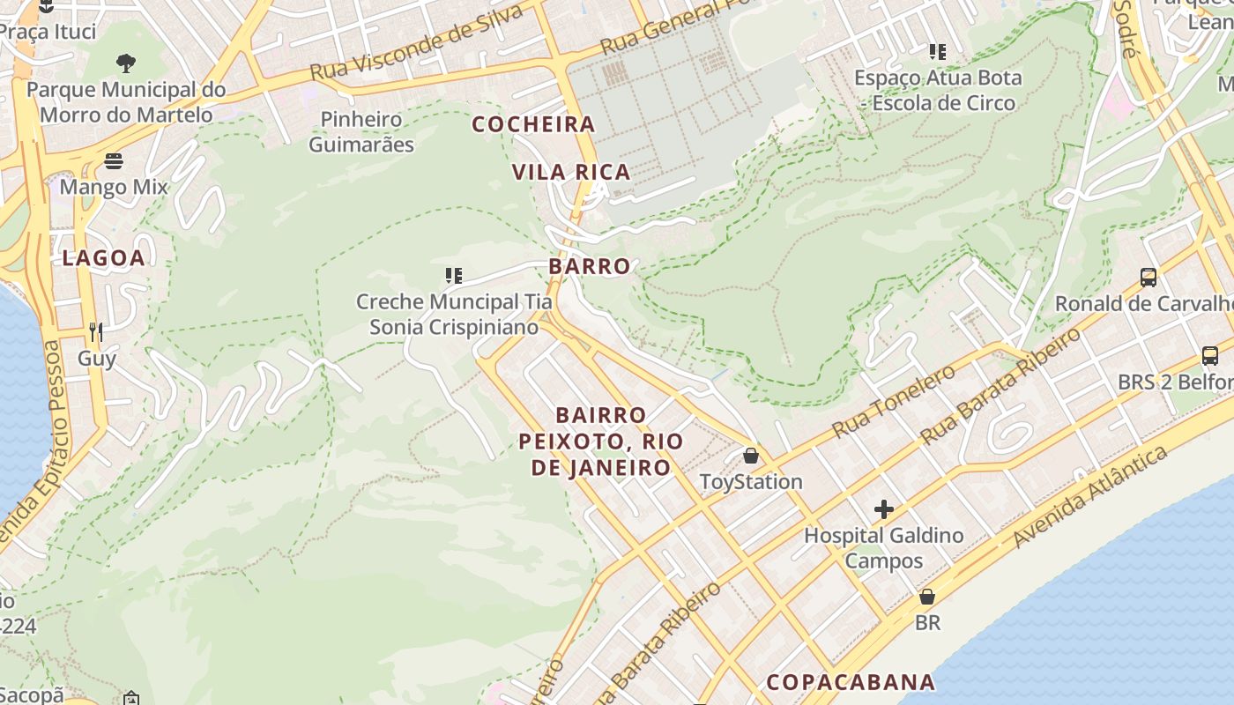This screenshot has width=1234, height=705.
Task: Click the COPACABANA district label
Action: tap(851, 682)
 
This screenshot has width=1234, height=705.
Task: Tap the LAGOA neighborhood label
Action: tap(103, 258)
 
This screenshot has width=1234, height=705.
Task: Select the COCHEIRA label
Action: tap(534, 124)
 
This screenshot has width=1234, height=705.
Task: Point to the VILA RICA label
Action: tap(572, 172)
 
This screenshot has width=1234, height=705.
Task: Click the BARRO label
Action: tap(590, 266)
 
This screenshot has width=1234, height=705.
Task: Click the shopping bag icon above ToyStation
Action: tap(751, 456)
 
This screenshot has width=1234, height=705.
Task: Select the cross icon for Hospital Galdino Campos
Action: tap(883, 509)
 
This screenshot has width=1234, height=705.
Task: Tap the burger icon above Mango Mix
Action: tap(114, 161)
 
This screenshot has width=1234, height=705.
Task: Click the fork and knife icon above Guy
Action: tap(96, 332)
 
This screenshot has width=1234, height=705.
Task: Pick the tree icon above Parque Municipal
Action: tap(126, 63)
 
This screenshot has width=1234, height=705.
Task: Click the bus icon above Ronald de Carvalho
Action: tap(1149, 278)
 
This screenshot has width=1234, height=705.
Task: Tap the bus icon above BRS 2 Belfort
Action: tap(1210, 356)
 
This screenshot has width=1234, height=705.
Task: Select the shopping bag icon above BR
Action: tap(926, 597)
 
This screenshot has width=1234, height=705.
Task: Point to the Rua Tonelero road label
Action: tap(893, 402)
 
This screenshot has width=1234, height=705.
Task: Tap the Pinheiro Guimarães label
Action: tap(361, 131)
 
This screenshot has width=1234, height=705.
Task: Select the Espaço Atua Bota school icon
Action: tap(937, 52)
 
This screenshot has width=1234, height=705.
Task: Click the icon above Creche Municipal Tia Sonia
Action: tap(454, 276)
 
